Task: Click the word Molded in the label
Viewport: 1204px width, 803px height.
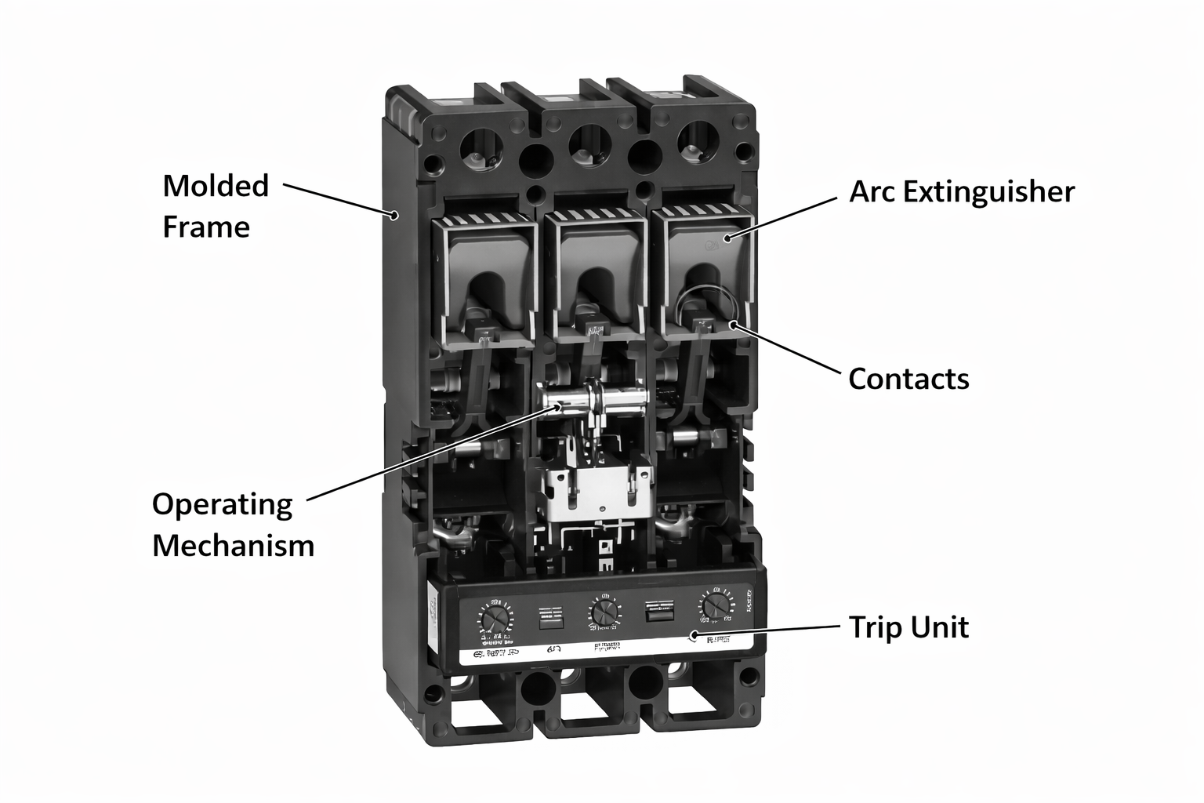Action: click(x=216, y=186)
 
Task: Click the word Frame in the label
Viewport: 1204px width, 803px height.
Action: click(x=206, y=227)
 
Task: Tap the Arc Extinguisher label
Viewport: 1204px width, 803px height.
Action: click(x=962, y=191)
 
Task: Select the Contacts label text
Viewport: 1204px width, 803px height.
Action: click(x=908, y=379)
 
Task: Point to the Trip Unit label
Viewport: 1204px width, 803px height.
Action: click(x=908, y=627)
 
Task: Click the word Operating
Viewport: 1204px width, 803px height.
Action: click(x=222, y=504)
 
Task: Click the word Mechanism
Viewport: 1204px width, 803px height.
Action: click(x=233, y=546)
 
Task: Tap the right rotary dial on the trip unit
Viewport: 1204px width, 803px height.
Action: click(x=713, y=605)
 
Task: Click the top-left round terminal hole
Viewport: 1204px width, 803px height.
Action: click(x=480, y=146)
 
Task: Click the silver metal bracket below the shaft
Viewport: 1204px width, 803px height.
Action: click(x=596, y=494)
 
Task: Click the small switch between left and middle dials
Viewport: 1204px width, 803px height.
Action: click(x=549, y=617)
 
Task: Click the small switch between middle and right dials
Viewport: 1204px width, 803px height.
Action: click(x=658, y=611)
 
